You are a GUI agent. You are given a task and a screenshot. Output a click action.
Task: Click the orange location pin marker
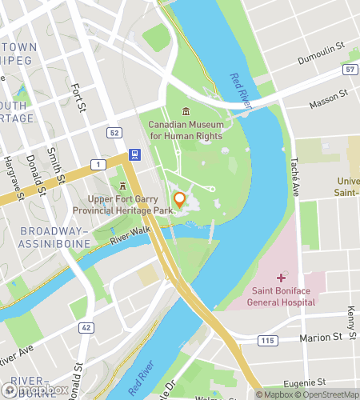180,200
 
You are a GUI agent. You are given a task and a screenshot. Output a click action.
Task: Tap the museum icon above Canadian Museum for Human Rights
186,111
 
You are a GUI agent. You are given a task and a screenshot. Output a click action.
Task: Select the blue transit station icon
133,154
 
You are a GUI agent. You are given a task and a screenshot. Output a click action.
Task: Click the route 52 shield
115,133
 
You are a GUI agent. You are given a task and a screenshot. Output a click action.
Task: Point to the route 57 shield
350,70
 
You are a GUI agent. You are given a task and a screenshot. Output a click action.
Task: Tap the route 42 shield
85,328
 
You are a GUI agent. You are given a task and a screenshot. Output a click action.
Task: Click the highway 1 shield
97,164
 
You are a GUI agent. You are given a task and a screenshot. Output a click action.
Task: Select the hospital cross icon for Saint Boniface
281,278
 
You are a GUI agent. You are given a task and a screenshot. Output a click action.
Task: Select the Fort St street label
78,98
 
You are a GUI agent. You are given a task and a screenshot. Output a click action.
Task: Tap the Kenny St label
351,303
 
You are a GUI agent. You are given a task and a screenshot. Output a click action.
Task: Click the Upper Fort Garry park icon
123,186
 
